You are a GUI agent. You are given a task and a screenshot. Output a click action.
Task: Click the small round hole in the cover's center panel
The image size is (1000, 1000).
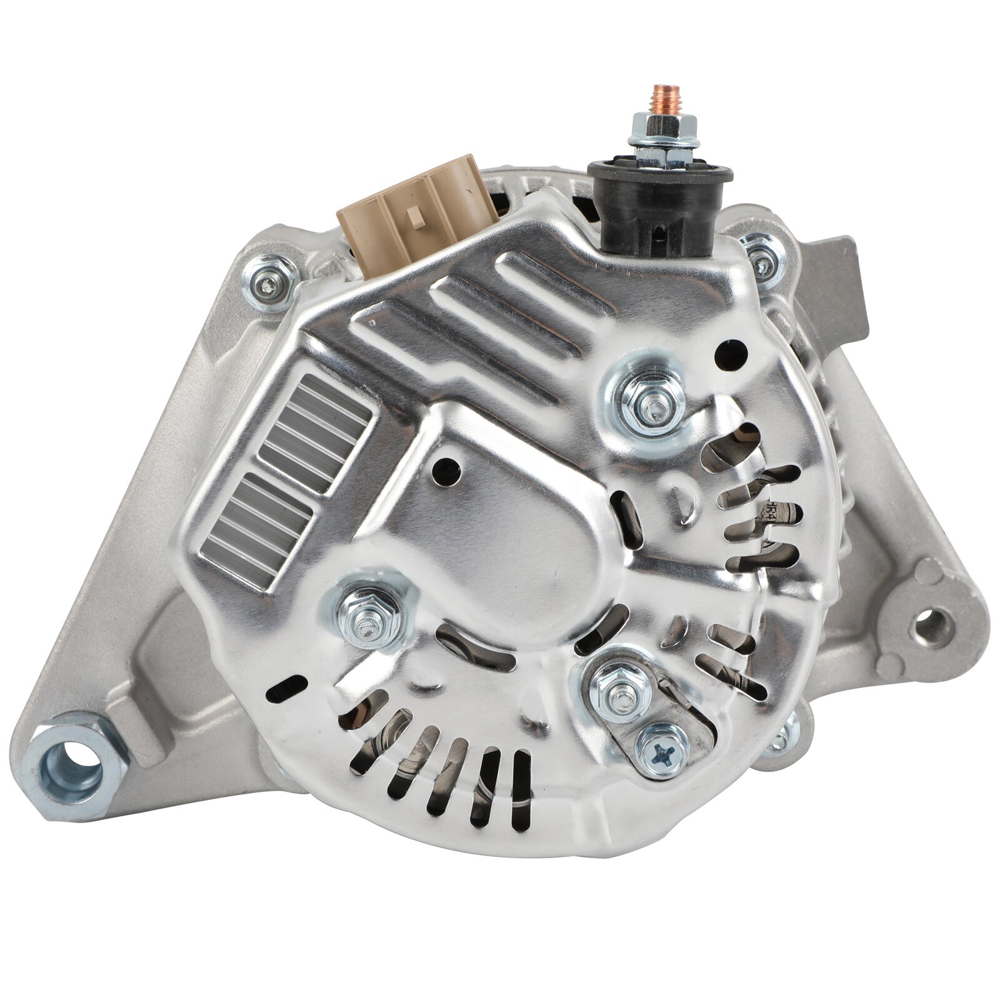[x=446, y=466]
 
